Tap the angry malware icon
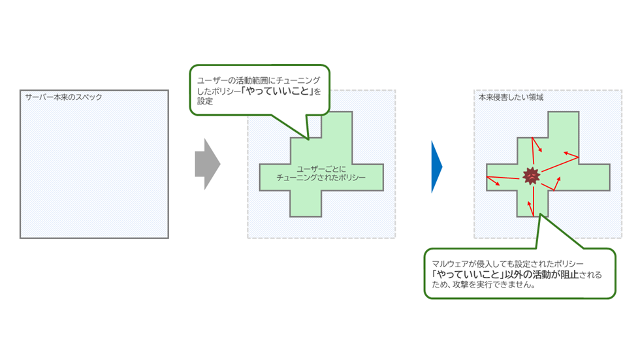(532, 175)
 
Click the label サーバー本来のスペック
(63, 97)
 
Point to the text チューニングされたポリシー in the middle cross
(321, 178)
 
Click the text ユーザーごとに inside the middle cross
(321, 169)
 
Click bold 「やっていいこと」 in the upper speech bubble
(276, 91)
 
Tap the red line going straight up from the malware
(534, 152)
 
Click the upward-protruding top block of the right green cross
(563, 123)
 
